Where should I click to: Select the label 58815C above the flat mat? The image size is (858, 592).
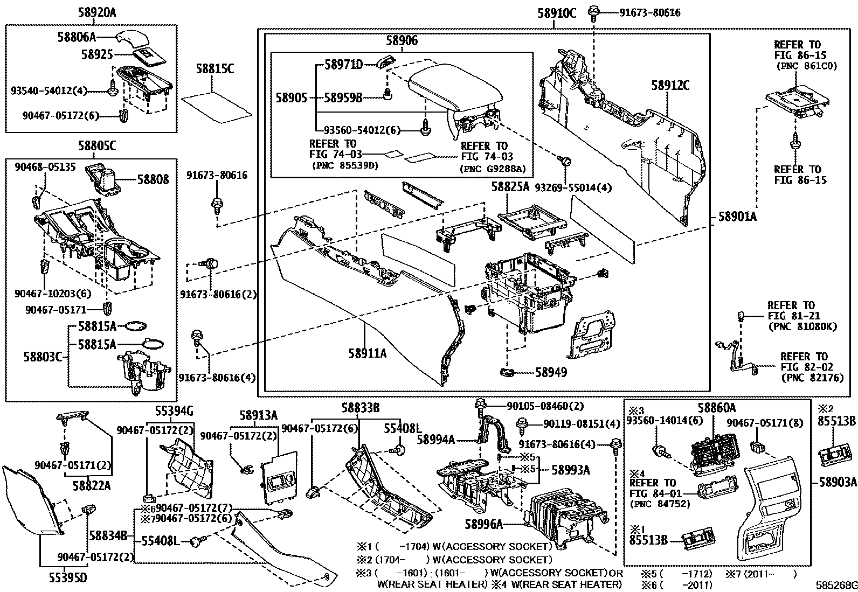tap(215, 69)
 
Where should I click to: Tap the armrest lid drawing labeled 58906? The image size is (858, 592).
tap(453, 89)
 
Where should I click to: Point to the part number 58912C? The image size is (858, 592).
tap(670, 86)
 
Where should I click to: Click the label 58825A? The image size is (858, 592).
tap(510, 187)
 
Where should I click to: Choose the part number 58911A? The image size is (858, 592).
tap(367, 353)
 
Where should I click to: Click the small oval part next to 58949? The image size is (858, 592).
tap(508, 372)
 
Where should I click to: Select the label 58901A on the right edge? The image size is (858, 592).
tap(737, 217)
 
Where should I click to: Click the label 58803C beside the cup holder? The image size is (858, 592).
tap(44, 357)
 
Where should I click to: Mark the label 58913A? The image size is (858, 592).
tap(258, 415)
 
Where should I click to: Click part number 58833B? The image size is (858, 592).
tap(360, 408)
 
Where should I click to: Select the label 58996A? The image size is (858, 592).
tap(484, 523)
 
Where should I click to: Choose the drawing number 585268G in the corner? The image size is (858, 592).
tap(835, 586)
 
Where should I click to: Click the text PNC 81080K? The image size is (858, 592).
tap(802, 326)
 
